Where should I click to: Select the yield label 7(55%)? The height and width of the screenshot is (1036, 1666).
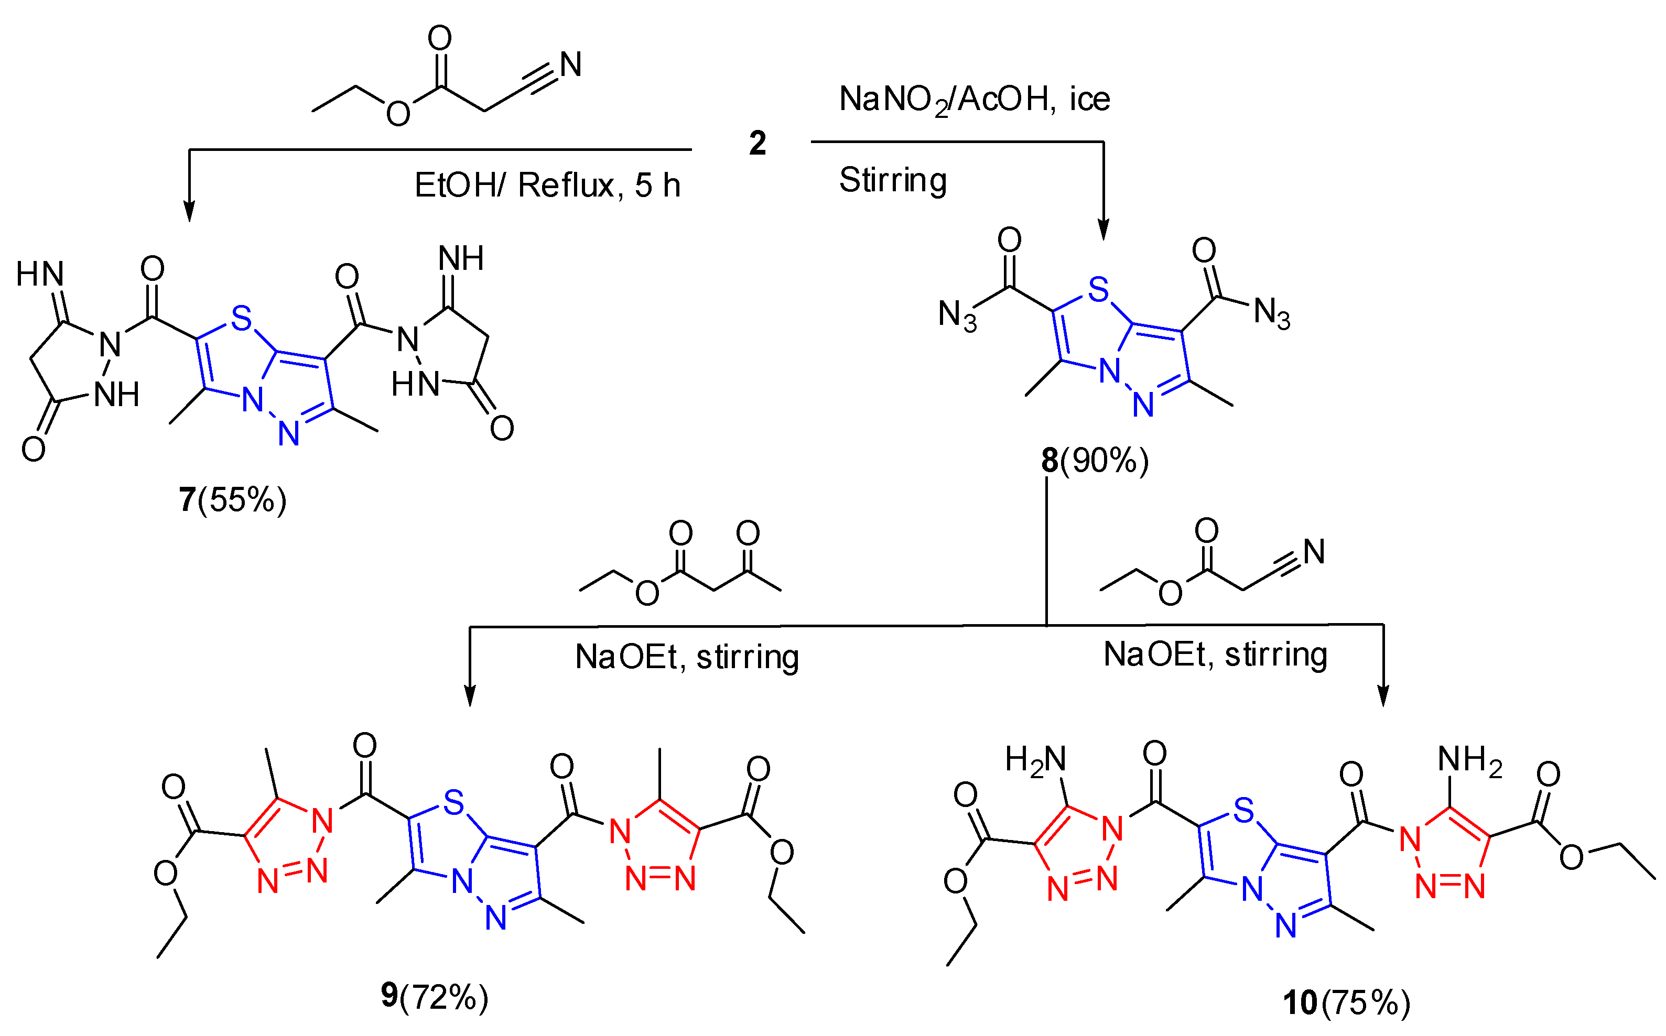click(232, 499)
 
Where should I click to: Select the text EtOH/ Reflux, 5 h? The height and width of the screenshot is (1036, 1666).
click(547, 185)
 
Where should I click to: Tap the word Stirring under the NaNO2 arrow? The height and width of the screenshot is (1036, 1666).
click(892, 180)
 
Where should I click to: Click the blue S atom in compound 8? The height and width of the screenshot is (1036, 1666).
click(1098, 289)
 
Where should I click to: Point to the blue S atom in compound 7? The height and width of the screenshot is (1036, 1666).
click(241, 319)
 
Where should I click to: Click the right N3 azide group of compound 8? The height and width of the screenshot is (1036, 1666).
click(1271, 313)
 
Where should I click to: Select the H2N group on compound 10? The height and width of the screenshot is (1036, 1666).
click(1035, 760)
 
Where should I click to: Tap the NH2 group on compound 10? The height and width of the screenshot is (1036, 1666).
click(1469, 760)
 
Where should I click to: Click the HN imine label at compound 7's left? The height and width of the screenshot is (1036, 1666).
click(40, 274)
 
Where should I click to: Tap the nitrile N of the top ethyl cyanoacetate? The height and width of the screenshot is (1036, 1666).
click(570, 64)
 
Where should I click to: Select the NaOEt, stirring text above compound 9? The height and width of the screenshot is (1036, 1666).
click(687, 657)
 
